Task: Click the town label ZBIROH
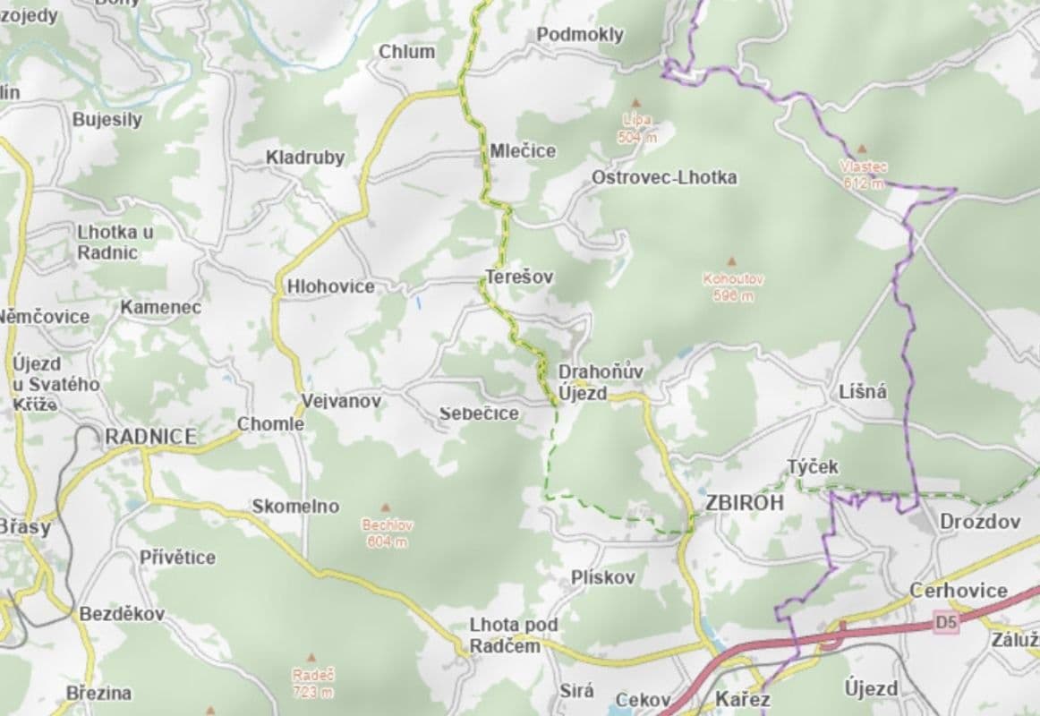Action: (x=744, y=503)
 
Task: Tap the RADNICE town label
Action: (x=150, y=437)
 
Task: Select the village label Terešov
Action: (x=519, y=277)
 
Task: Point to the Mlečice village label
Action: (x=523, y=151)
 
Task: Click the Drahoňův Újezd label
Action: (x=588, y=382)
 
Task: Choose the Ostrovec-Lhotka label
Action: (x=664, y=178)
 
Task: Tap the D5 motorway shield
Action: (x=945, y=621)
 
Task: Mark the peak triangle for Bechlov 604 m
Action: (x=386, y=507)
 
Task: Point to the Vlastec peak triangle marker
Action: (x=862, y=149)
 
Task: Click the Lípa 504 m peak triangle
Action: (x=636, y=103)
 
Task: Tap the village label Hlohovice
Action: (x=330, y=287)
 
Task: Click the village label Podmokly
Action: (x=580, y=35)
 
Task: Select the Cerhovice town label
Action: (x=959, y=591)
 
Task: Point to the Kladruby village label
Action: (x=305, y=158)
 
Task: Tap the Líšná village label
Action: (x=864, y=392)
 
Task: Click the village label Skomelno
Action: (x=295, y=507)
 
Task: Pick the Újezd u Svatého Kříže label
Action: (x=55, y=384)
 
